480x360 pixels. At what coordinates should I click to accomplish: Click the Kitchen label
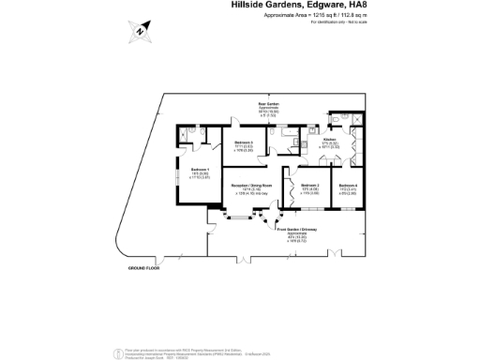[329, 141]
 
